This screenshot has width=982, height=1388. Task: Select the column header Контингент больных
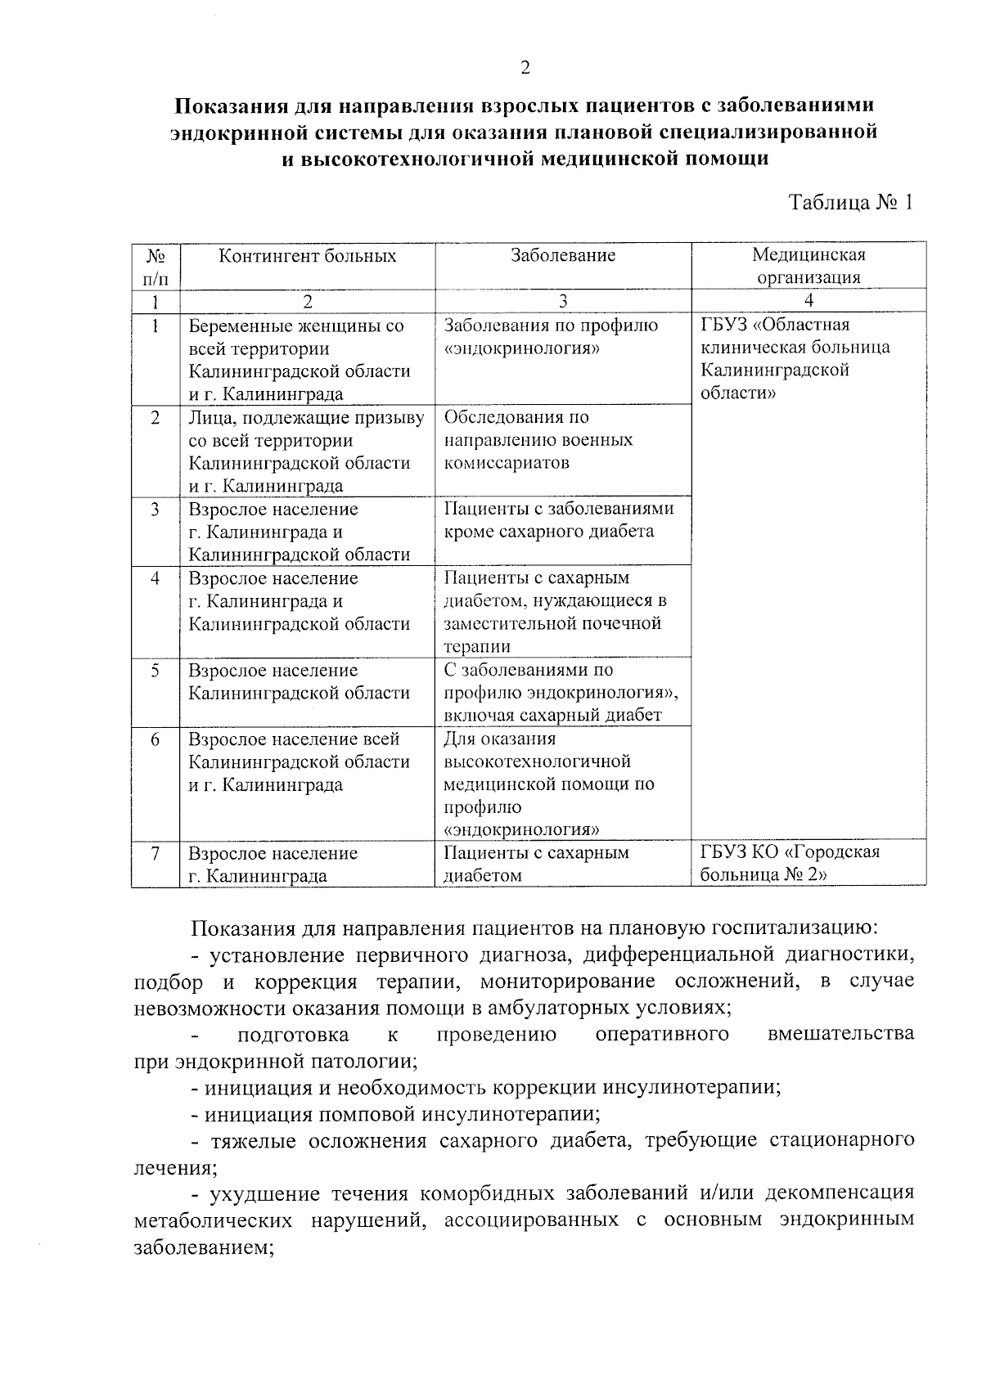click(x=307, y=256)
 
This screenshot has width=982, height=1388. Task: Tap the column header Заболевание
click(x=563, y=256)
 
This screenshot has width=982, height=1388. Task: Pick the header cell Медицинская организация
click(x=809, y=266)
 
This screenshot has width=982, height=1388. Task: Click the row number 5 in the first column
click(x=155, y=671)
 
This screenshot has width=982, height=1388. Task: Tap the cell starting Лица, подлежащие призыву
click(x=306, y=451)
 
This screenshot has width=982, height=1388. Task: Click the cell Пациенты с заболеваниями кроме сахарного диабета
click(x=559, y=520)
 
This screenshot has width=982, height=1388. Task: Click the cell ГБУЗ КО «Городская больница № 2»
click(x=791, y=864)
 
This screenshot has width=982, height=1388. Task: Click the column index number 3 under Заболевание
click(x=563, y=301)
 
